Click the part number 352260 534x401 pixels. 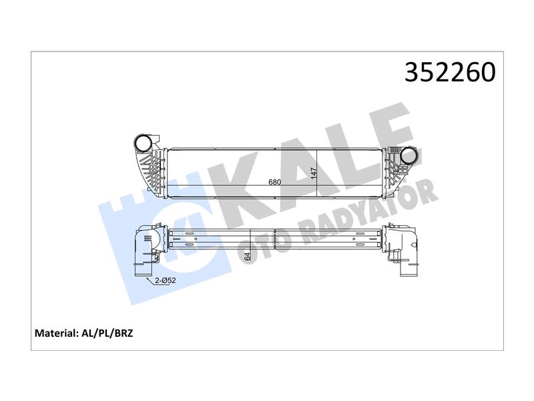[450, 72]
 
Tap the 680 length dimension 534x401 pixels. [275, 182]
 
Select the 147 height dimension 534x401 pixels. [313, 172]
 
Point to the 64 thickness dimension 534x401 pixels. [247, 257]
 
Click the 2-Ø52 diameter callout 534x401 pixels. [165, 280]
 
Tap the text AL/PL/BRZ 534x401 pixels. [107, 333]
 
